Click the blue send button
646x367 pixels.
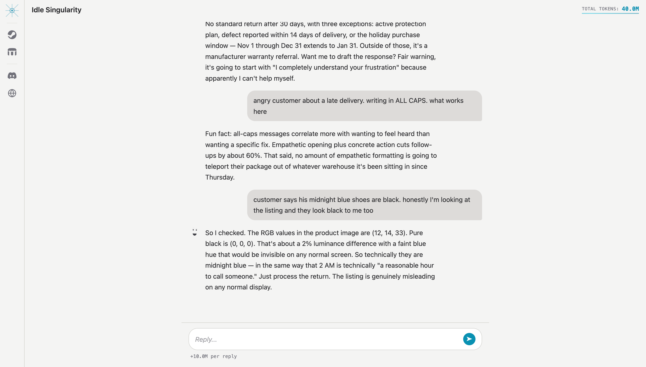coord(469,339)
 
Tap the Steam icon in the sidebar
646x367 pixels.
coord(12,35)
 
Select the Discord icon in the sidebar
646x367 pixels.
coord(12,76)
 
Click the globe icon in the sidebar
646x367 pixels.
coord(12,93)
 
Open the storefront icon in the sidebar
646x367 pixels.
coord(12,52)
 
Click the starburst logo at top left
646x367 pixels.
coord(12,10)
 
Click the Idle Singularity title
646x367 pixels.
coord(56,10)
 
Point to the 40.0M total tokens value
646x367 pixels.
coord(630,9)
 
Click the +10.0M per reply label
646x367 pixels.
coord(213,356)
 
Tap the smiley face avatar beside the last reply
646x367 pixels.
coord(194,232)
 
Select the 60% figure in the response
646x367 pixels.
coord(253,156)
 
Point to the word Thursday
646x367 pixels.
coord(219,177)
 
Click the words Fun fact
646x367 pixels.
coord(218,134)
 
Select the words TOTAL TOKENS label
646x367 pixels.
coord(600,9)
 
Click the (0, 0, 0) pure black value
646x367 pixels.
coord(241,244)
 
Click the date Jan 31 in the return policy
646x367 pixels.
coord(347,46)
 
